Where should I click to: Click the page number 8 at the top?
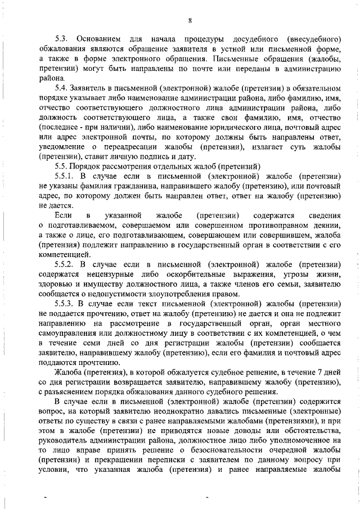(x=190, y=21)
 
